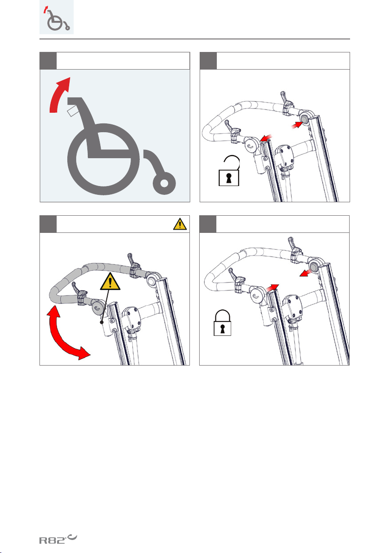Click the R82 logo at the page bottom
[58, 539]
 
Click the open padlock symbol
[229, 171]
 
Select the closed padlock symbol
[222, 323]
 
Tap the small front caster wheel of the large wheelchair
[164, 183]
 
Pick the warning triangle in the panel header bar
[180, 224]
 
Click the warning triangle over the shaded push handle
[110, 282]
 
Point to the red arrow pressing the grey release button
[297, 124]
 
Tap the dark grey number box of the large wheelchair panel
[48, 61]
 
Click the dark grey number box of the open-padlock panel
[208, 61]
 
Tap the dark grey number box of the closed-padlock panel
[208, 224]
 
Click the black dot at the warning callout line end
[102, 322]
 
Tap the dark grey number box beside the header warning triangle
[48, 224]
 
